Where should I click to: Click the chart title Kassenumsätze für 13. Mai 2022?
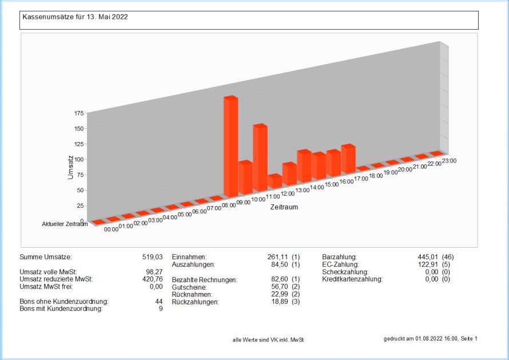click(75, 17)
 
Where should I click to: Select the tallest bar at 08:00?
click(230, 148)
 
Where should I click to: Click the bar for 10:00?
click(260, 159)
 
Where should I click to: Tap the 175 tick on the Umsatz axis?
click(78, 113)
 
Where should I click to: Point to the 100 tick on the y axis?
click(78, 159)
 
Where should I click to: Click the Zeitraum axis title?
click(284, 207)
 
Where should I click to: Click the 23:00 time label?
click(449, 160)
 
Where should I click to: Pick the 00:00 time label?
click(111, 229)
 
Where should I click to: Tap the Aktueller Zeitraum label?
click(65, 224)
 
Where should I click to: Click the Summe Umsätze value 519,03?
click(152, 258)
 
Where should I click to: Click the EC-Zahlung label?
click(340, 265)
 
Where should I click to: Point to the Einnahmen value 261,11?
click(276, 258)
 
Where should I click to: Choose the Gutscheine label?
click(189, 287)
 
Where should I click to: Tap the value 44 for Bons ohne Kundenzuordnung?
click(158, 302)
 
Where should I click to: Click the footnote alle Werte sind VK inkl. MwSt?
click(268, 340)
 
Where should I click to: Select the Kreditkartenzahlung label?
click(352, 279)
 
